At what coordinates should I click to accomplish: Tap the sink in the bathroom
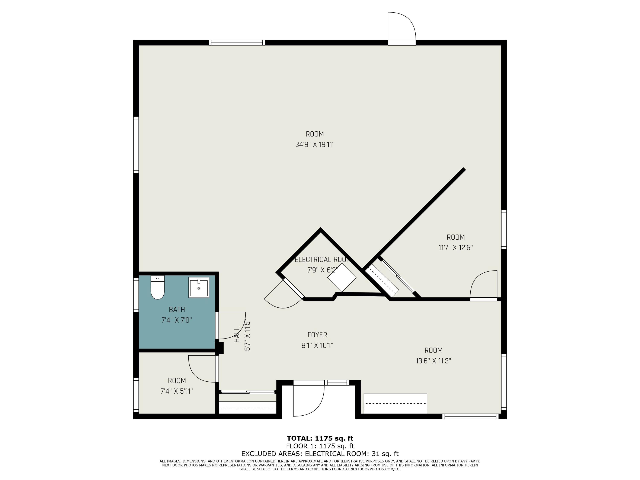point(199,287)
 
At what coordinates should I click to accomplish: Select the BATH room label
point(177,310)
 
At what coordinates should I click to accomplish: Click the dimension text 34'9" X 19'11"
point(315,144)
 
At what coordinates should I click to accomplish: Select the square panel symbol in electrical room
point(342,278)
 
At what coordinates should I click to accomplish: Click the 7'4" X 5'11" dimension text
point(177,391)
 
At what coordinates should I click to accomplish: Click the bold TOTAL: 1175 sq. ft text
point(320,438)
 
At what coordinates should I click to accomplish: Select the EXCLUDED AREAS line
point(320,454)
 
